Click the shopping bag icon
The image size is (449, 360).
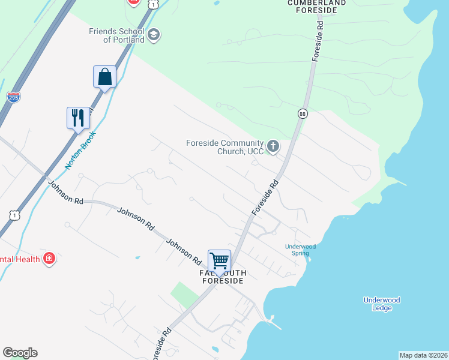[x=105, y=77]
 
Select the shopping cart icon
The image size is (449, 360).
[x=220, y=260]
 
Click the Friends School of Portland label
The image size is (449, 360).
[x=116, y=35]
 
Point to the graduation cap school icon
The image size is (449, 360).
[x=154, y=35]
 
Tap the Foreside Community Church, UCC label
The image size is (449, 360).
[x=225, y=147]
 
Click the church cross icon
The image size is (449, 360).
[x=273, y=146]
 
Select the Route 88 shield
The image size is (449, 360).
[x=302, y=113]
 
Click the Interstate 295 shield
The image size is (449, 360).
[x=13, y=97]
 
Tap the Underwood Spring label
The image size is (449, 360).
[x=300, y=250]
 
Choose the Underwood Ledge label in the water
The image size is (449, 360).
[x=382, y=304]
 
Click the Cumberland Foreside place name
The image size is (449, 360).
[x=317, y=6]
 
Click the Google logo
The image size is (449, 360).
[x=20, y=353]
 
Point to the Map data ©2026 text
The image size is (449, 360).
[x=423, y=355]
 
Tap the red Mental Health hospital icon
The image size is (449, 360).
[x=49, y=259]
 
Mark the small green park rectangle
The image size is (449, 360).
[x=184, y=294]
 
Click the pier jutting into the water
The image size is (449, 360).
[x=275, y=322]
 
